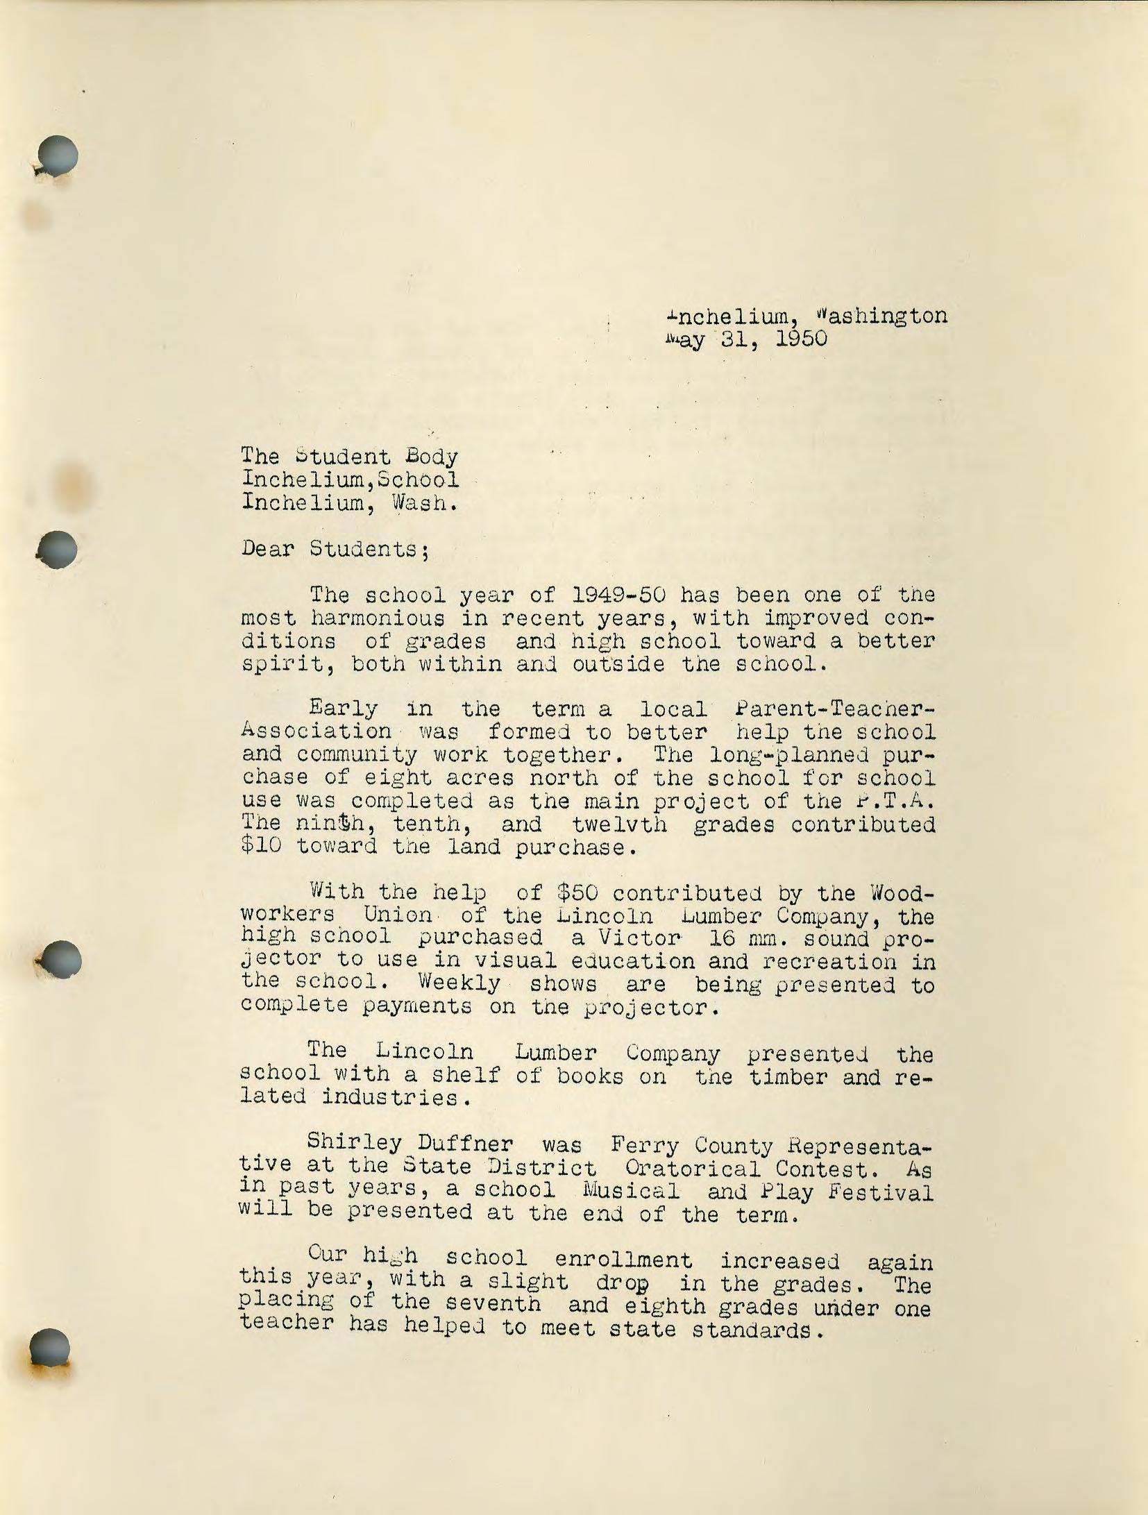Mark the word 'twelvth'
tap(620, 824)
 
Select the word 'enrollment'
tap(623, 1259)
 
